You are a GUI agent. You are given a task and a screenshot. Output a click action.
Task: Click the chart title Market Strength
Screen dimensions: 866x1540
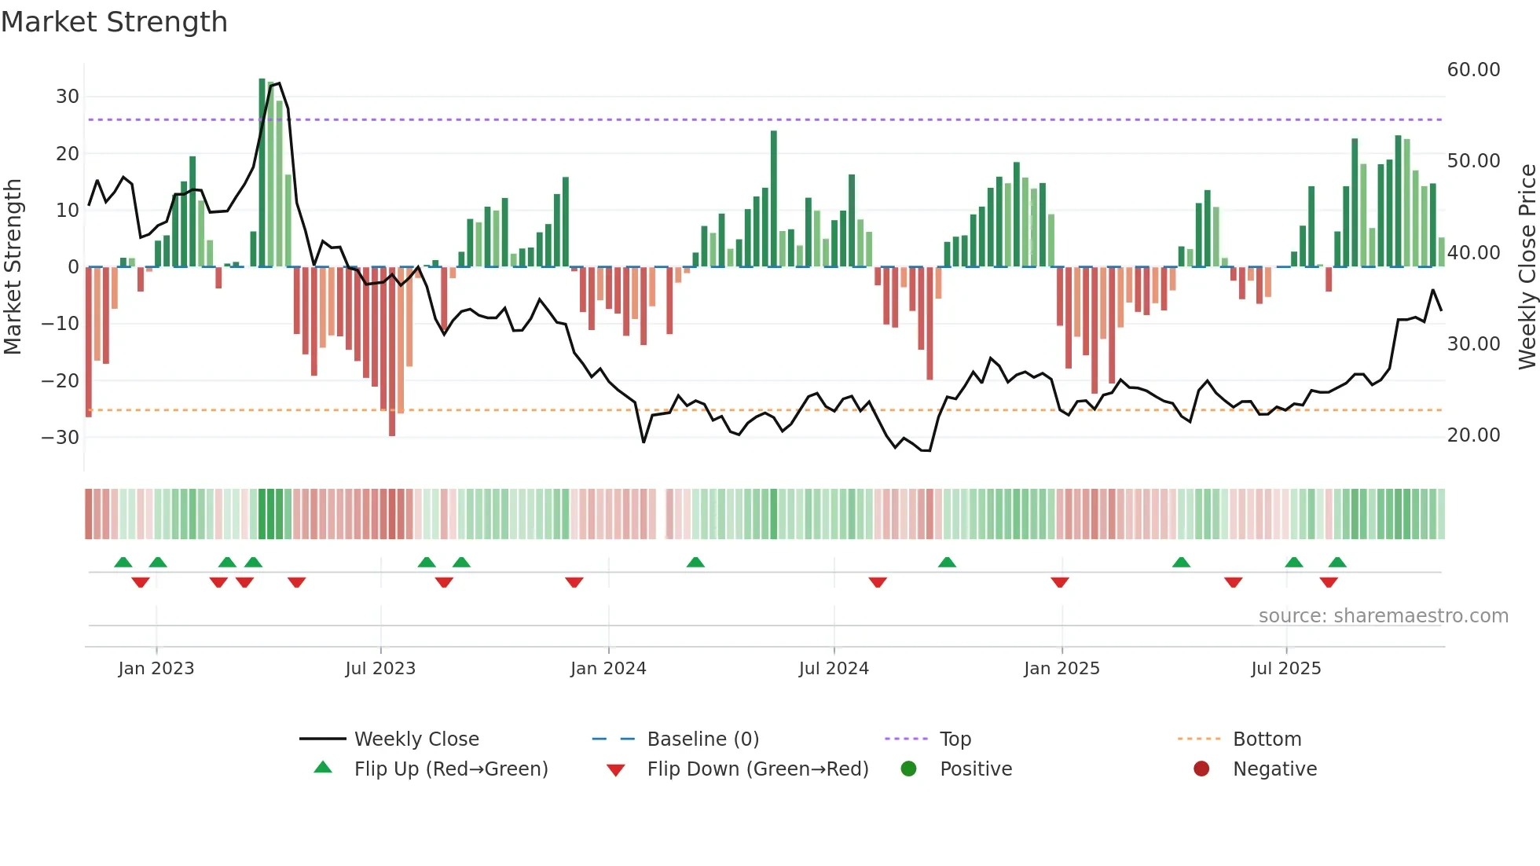[x=114, y=22]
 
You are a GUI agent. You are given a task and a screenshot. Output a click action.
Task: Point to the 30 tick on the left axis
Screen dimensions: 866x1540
[x=68, y=97]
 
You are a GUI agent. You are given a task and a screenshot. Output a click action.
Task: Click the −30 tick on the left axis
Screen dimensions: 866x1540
[x=61, y=438]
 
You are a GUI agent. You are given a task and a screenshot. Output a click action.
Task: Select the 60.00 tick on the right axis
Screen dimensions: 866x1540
[x=1473, y=70]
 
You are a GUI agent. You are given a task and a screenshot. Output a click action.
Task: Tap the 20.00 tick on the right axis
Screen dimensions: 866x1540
[x=1473, y=435]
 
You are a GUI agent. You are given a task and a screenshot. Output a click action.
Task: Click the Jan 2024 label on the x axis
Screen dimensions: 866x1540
[x=608, y=669]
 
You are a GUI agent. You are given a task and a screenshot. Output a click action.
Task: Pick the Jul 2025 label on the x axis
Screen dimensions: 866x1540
[x=1285, y=669]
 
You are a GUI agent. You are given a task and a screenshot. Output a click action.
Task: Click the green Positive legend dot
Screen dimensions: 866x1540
[x=909, y=769]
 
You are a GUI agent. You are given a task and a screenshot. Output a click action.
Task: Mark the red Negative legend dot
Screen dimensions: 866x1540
[x=1201, y=769]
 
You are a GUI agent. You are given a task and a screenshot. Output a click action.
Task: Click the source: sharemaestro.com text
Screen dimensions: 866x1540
[x=1383, y=616]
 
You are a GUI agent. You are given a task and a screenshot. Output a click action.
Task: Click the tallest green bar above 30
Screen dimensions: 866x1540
[x=262, y=173]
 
